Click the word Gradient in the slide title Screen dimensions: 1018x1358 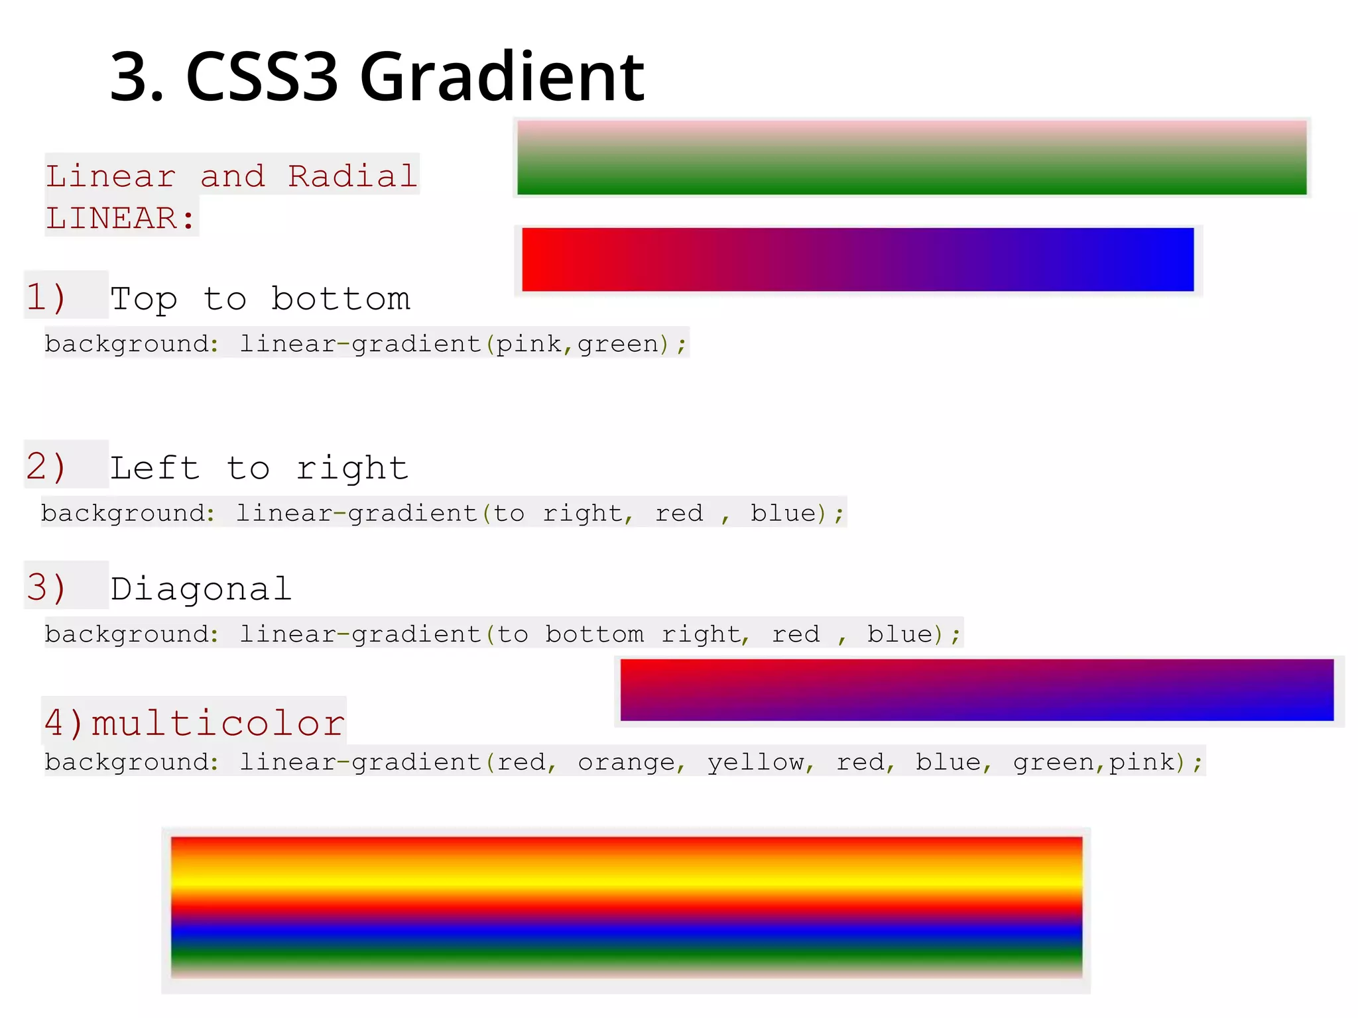[x=501, y=78]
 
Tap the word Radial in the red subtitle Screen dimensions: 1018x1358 [x=352, y=176]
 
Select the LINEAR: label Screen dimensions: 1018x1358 [x=121, y=218]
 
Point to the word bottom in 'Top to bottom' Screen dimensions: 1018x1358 [x=341, y=299]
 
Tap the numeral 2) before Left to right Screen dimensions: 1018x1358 [x=46, y=466]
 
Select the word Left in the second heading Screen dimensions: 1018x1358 [x=154, y=468]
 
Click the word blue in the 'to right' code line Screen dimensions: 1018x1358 [x=783, y=513]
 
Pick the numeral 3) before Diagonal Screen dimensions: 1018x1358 [x=46, y=587]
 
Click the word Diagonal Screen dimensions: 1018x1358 [x=201, y=589]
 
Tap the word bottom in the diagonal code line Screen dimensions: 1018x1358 [x=594, y=634]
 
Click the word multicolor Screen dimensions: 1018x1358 [x=218, y=722]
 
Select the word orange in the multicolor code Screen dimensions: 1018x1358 [x=626, y=762]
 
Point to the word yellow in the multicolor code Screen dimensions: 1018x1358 [x=755, y=762]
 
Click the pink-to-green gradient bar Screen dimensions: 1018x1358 [x=911, y=158]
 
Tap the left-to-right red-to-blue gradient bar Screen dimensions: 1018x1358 [x=857, y=260]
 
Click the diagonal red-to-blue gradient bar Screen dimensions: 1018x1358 [x=976, y=690]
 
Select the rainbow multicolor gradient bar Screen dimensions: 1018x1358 [x=626, y=907]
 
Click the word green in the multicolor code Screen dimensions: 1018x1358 [x=1053, y=762]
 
